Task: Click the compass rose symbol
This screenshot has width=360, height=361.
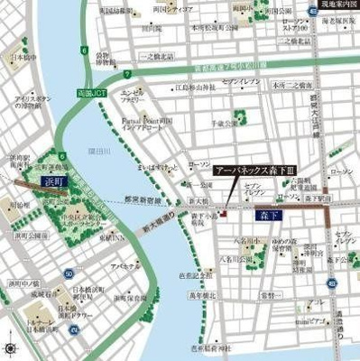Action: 10,348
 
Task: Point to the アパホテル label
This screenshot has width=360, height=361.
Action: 122,267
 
